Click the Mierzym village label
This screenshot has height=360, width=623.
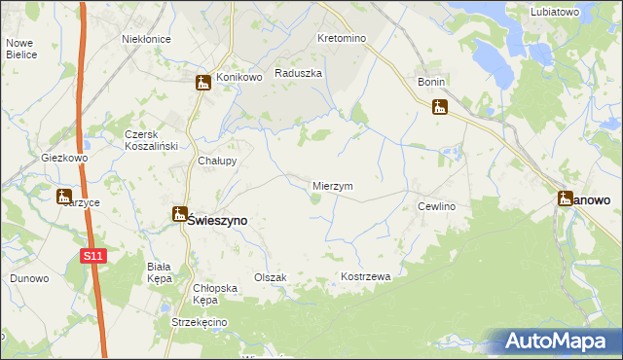[332, 186]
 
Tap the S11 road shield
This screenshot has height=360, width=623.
[92, 256]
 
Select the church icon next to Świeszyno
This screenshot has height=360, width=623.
[180, 214]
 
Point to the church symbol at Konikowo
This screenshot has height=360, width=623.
[202, 83]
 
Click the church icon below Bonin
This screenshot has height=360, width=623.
[440, 107]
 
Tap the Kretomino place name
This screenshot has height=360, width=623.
[341, 39]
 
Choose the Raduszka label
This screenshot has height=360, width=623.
[298, 73]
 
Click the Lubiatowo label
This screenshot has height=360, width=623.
[556, 12]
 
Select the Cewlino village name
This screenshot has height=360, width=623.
[437, 207]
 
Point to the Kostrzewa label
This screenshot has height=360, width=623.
[365, 277]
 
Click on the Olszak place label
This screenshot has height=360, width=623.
[270, 277]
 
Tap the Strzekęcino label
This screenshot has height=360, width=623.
[198, 322]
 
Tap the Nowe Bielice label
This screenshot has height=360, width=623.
[21, 49]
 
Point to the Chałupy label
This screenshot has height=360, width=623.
[217, 161]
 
